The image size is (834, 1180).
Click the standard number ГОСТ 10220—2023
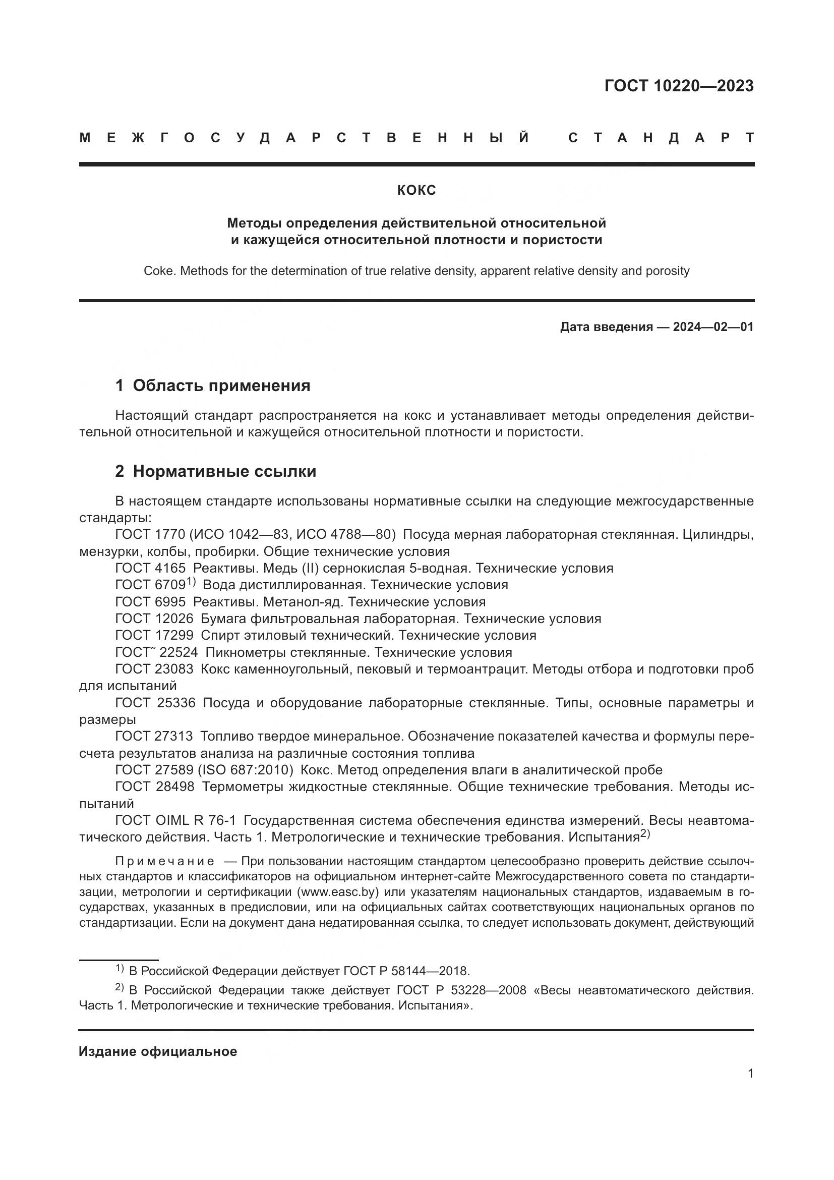[x=678, y=86]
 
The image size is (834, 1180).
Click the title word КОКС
[x=416, y=191]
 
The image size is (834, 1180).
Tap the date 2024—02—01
[x=713, y=327]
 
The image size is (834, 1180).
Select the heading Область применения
[x=221, y=385]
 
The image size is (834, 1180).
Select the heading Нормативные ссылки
[x=224, y=471]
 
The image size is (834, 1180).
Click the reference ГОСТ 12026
[x=154, y=619]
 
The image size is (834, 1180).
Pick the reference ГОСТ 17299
[x=154, y=636]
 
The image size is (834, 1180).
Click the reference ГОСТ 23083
[x=154, y=669]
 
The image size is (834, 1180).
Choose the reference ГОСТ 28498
[x=154, y=787]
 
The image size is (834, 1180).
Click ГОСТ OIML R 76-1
[x=175, y=821]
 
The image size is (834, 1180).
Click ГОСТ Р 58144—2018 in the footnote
[x=405, y=971]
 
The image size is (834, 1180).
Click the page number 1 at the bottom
[x=750, y=1074]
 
